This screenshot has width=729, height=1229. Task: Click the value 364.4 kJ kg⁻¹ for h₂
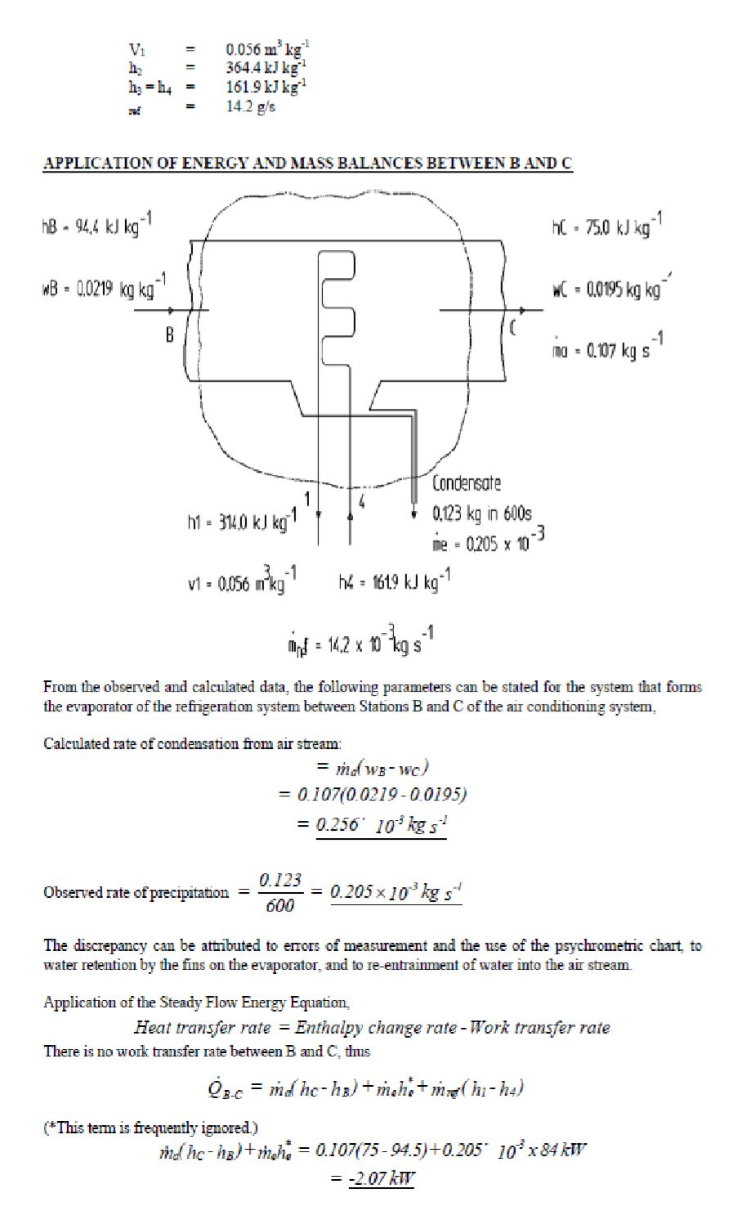pyautogui.click(x=267, y=66)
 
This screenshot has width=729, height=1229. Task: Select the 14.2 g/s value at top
pyautogui.click(x=251, y=107)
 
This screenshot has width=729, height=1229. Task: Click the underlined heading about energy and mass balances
pyautogui.click(x=307, y=164)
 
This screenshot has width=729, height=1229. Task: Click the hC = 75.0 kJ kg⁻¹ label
pyautogui.click(x=607, y=227)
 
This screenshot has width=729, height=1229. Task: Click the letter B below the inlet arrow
pyautogui.click(x=170, y=336)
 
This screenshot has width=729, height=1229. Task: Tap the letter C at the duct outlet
pyautogui.click(x=514, y=329)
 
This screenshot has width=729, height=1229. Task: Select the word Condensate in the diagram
pyautogui.click(x=467, y=483)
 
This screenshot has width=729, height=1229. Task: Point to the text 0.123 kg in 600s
pyautogui.click(x=482, y=514)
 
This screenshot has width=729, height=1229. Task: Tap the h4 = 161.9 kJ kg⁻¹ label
pyautogui.click(x=395, y=581)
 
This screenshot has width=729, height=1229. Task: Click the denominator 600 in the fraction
pyautogui.click(x=280, y=905)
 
